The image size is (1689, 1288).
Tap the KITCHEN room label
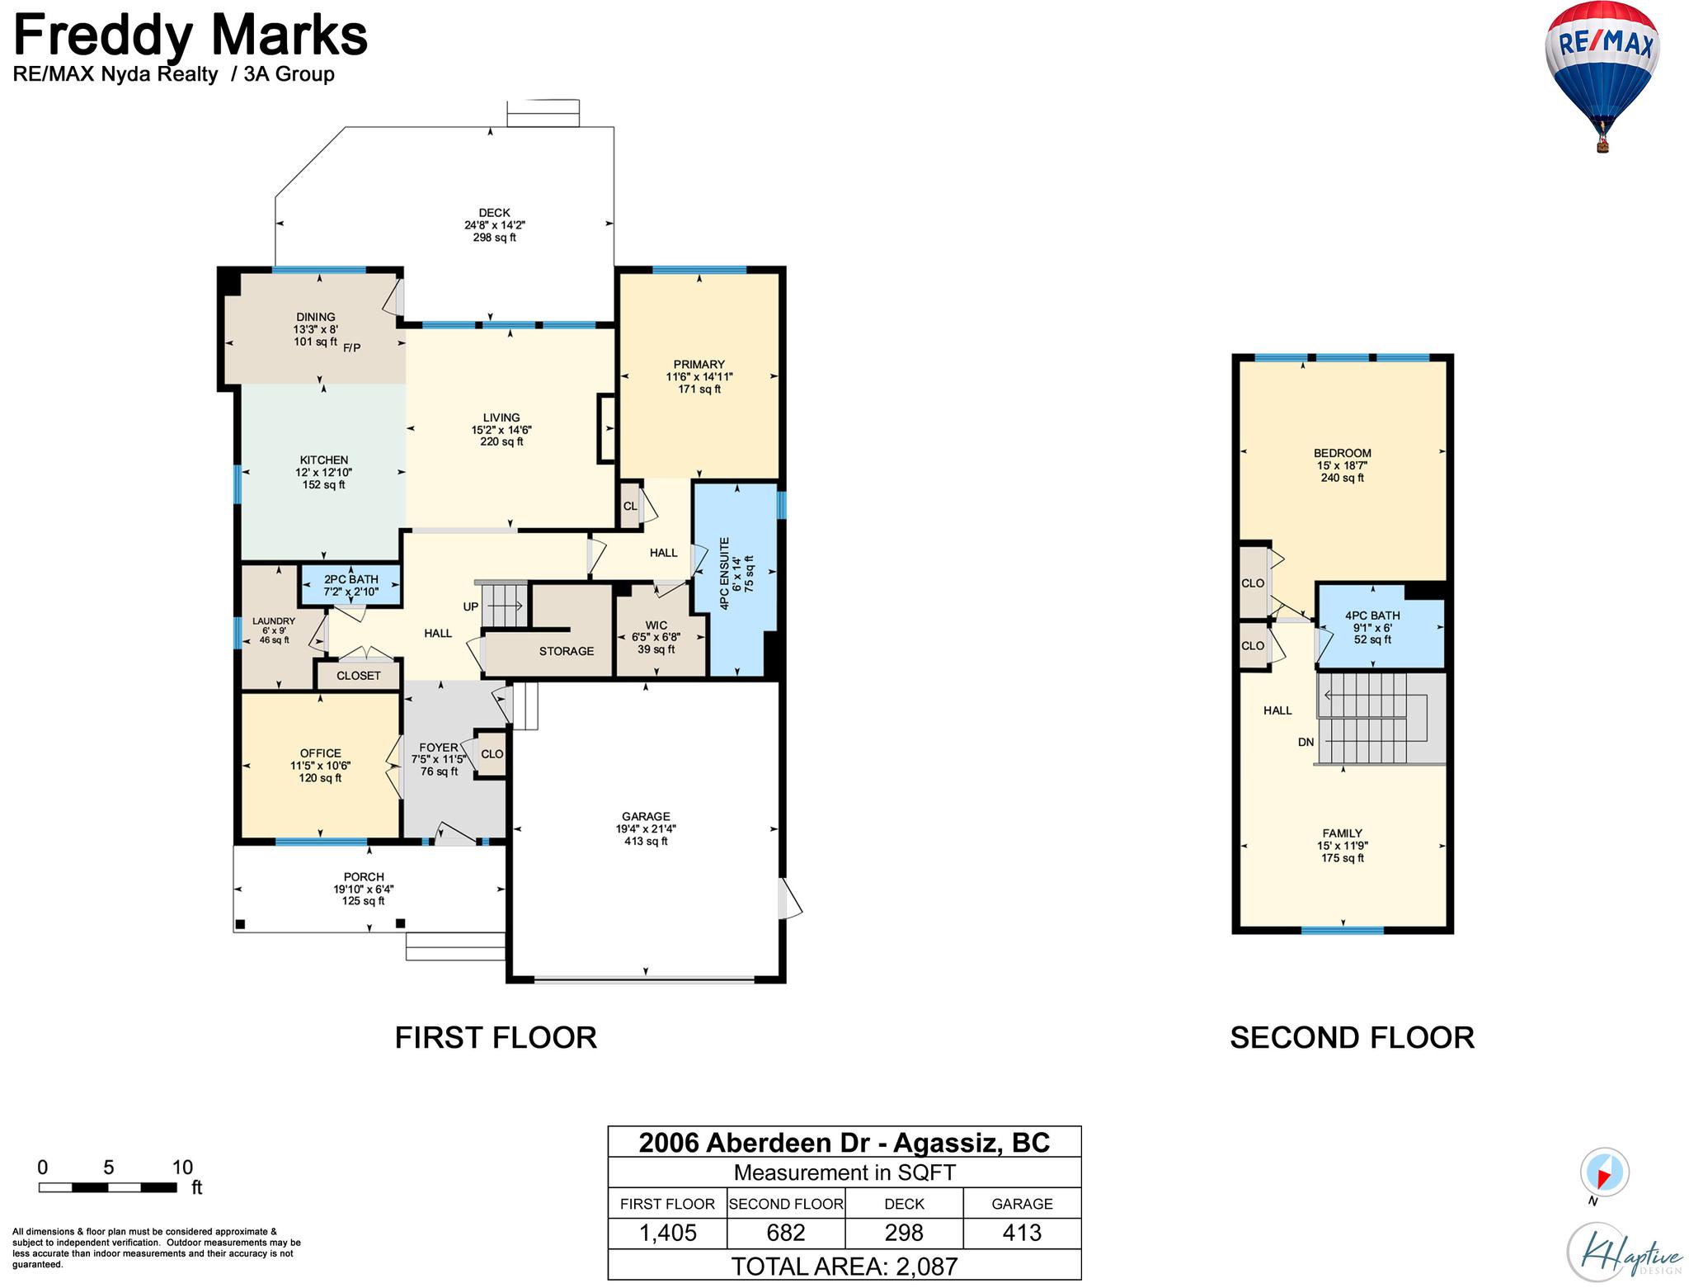323,460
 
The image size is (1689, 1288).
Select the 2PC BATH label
351,579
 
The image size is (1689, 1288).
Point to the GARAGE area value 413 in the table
1022,1233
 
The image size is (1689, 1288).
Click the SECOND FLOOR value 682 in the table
786,1233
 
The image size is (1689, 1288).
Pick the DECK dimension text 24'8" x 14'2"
495,225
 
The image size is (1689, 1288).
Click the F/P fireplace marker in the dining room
352,347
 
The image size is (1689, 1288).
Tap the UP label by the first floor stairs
471,606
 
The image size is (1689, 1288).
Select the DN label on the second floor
1306,742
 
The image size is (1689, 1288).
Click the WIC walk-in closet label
656,625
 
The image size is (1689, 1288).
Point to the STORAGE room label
567,651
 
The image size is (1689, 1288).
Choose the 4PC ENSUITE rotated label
725,573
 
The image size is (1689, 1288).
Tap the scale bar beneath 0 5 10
108,1187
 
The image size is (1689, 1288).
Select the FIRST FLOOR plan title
496,1037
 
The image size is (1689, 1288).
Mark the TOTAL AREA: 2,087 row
844,1266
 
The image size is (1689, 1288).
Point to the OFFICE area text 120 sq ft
320,778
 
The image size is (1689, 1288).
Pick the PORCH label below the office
364,877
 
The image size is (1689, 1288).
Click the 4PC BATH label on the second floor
1372,616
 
